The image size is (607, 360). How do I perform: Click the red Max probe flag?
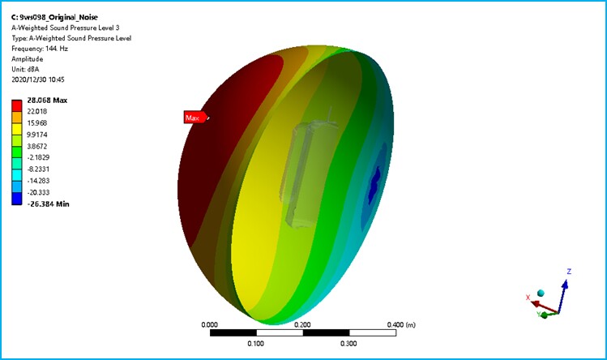tap(195, 118)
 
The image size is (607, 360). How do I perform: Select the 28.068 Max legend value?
tap(47, 101)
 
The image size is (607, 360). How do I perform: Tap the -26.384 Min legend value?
tap(48, 204)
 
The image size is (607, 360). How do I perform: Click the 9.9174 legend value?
tap(37, 135)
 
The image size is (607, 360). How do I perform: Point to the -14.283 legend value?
tap(38, 181)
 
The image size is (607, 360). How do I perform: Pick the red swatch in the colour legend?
tap(17, 105)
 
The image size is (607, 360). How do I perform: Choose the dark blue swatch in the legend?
tap(17, 199)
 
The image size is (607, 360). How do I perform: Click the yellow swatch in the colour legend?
tap(17, 129)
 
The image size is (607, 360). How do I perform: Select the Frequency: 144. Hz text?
tap(40, 49)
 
